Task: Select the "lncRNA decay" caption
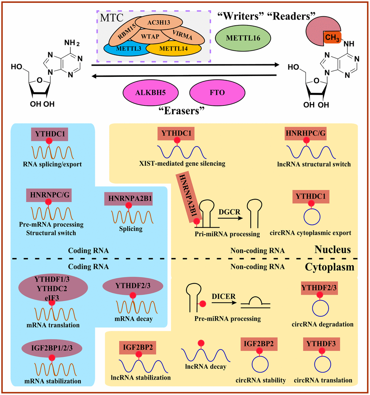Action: click(205, 367)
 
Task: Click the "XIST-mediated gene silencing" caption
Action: click(187, 163)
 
